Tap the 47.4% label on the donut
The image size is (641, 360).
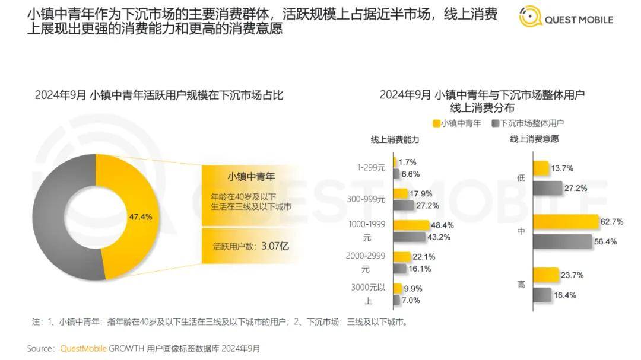point(141,217)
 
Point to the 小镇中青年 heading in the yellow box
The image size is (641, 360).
point(252,177)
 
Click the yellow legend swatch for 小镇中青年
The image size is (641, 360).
point(436,123)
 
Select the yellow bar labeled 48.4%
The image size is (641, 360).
point(411,225)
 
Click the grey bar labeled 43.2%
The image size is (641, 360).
point(409,237)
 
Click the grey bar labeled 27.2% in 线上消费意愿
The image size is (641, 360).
point(547,188)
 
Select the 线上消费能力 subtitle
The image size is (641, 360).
point(395,139)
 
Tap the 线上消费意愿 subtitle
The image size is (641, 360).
point(534,139)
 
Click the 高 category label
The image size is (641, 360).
point(521,285)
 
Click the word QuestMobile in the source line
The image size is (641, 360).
point(81,349)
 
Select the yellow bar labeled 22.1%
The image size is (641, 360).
point(402,257)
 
